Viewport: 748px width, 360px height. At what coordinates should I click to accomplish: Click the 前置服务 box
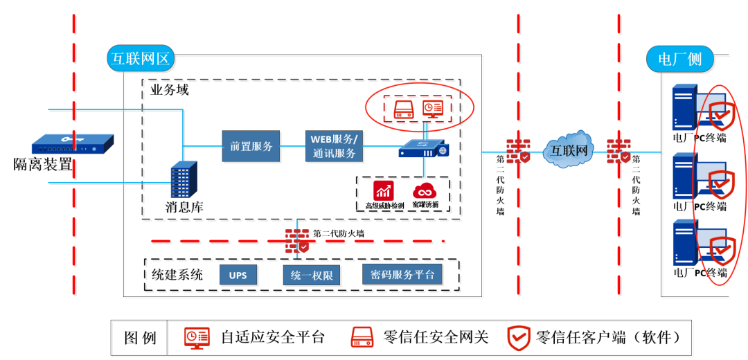pos(251,146)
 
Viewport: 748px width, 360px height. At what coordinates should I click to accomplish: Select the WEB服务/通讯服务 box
pos(334,146)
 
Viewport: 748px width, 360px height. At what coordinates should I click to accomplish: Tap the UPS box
pos(238,275)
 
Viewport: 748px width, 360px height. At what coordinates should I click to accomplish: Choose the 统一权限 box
pos(312,275)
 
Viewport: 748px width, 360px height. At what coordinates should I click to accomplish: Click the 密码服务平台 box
pos(402,275)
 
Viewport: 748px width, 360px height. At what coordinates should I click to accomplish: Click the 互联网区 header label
pos(141,58)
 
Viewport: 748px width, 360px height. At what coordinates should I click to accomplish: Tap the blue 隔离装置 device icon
pos(72,146)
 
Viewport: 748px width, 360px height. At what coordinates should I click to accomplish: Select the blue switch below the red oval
pos(423,148)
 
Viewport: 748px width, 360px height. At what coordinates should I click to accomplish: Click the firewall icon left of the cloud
pos(518,151)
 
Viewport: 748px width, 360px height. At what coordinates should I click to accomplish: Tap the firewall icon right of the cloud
pos(618,151)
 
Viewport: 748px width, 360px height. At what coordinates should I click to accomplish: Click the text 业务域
pos(170,90)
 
